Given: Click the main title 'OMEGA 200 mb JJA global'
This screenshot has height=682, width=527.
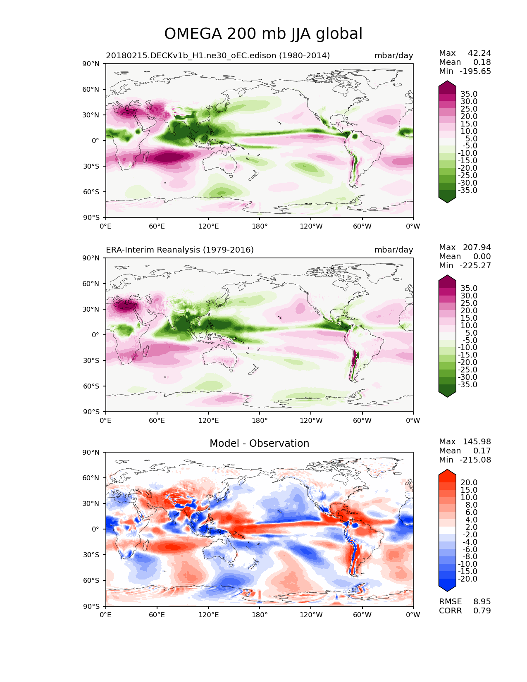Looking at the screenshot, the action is click(x=263, y=33).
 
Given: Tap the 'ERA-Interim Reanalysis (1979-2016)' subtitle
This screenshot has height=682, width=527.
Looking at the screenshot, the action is click(x=179, y=250).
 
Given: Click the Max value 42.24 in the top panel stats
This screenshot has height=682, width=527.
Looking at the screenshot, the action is click(x=479, y=53).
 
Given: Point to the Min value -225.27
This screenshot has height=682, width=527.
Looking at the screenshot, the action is click(x=475, y=265).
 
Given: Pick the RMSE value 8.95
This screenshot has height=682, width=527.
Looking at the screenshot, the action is click(x=482, y=601).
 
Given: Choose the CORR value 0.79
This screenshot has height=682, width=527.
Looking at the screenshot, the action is click(x=482, y=610).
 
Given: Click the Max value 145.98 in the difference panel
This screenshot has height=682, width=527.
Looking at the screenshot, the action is click(x=477, y=441).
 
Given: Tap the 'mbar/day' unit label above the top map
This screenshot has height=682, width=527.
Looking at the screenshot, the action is click(x=393, y=55).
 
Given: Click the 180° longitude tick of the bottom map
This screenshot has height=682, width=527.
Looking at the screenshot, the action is click(x=260, y=615).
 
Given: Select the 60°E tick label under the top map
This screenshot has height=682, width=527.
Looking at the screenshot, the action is click(x=157, y=226).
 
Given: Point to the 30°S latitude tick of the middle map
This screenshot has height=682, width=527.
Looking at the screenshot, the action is click(x=91, y=360).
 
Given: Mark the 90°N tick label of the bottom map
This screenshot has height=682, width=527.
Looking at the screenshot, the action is click(x=91, y=452).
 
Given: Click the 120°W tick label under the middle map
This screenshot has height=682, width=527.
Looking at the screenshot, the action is click(x=311, y=420).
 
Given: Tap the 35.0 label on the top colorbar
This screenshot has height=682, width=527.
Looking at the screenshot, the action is click(x=469, y=94).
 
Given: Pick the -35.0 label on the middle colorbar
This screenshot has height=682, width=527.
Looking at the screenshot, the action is click(x=467, y=384).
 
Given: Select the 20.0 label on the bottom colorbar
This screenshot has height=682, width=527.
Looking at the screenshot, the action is click(x=469, y=482).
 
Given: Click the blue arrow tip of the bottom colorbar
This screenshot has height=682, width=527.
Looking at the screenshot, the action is click(x=447, y=591).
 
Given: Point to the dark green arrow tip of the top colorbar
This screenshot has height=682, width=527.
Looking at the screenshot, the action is click(x=447, y=203).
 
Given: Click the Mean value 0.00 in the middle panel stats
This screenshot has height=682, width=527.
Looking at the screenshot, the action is click(x=482, y=256).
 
